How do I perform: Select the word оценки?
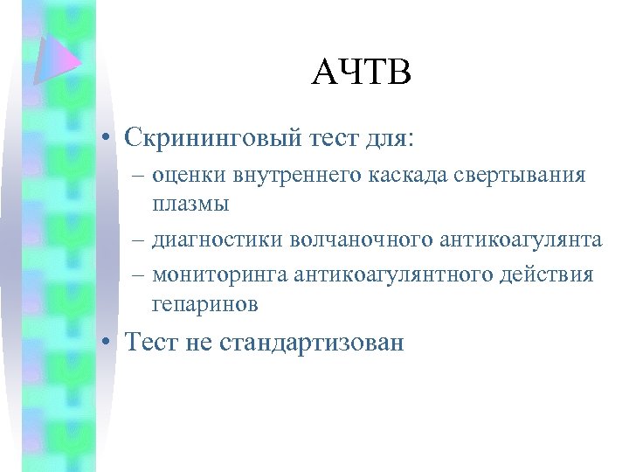[x=189, y=175]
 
